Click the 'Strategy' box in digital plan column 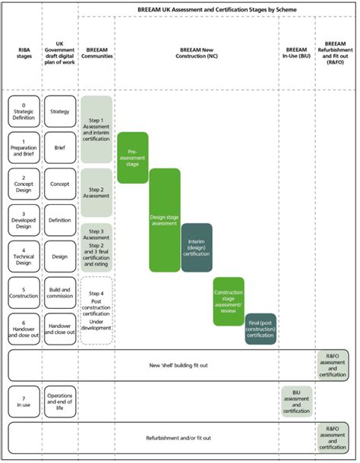(59, 111)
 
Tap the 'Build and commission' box (59, 293)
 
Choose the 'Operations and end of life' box (59, 402)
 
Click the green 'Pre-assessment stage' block (132, 157)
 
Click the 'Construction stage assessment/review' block (228, 302)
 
